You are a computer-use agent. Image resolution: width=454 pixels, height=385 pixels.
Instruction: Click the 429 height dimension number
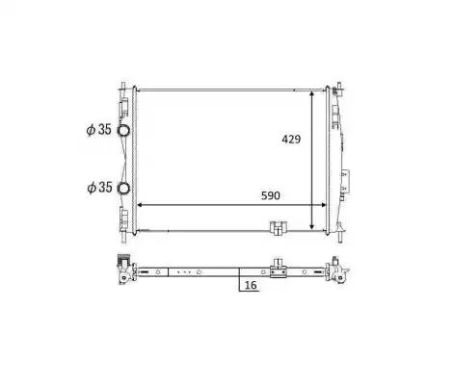tap(291, 140)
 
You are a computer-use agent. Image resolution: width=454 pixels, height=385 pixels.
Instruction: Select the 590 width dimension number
tap(271, 195)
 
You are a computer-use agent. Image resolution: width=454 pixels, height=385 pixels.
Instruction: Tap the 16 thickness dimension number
tap(251, 285)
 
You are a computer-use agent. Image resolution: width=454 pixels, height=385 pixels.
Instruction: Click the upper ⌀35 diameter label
tap(99, 130)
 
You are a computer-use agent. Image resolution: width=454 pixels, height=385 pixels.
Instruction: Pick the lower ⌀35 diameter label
tap(99, 188)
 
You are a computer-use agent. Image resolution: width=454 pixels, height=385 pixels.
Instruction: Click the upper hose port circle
tap(123, 130)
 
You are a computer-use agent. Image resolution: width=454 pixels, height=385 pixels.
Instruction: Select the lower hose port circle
tap(123, 188)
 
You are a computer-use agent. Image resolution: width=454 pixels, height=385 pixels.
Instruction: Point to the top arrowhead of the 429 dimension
tap(311, 94)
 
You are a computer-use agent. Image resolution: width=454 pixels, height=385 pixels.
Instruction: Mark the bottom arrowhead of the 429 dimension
tap(311, 227)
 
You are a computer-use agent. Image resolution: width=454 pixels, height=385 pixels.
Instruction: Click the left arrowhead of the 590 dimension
tap(141, 205)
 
